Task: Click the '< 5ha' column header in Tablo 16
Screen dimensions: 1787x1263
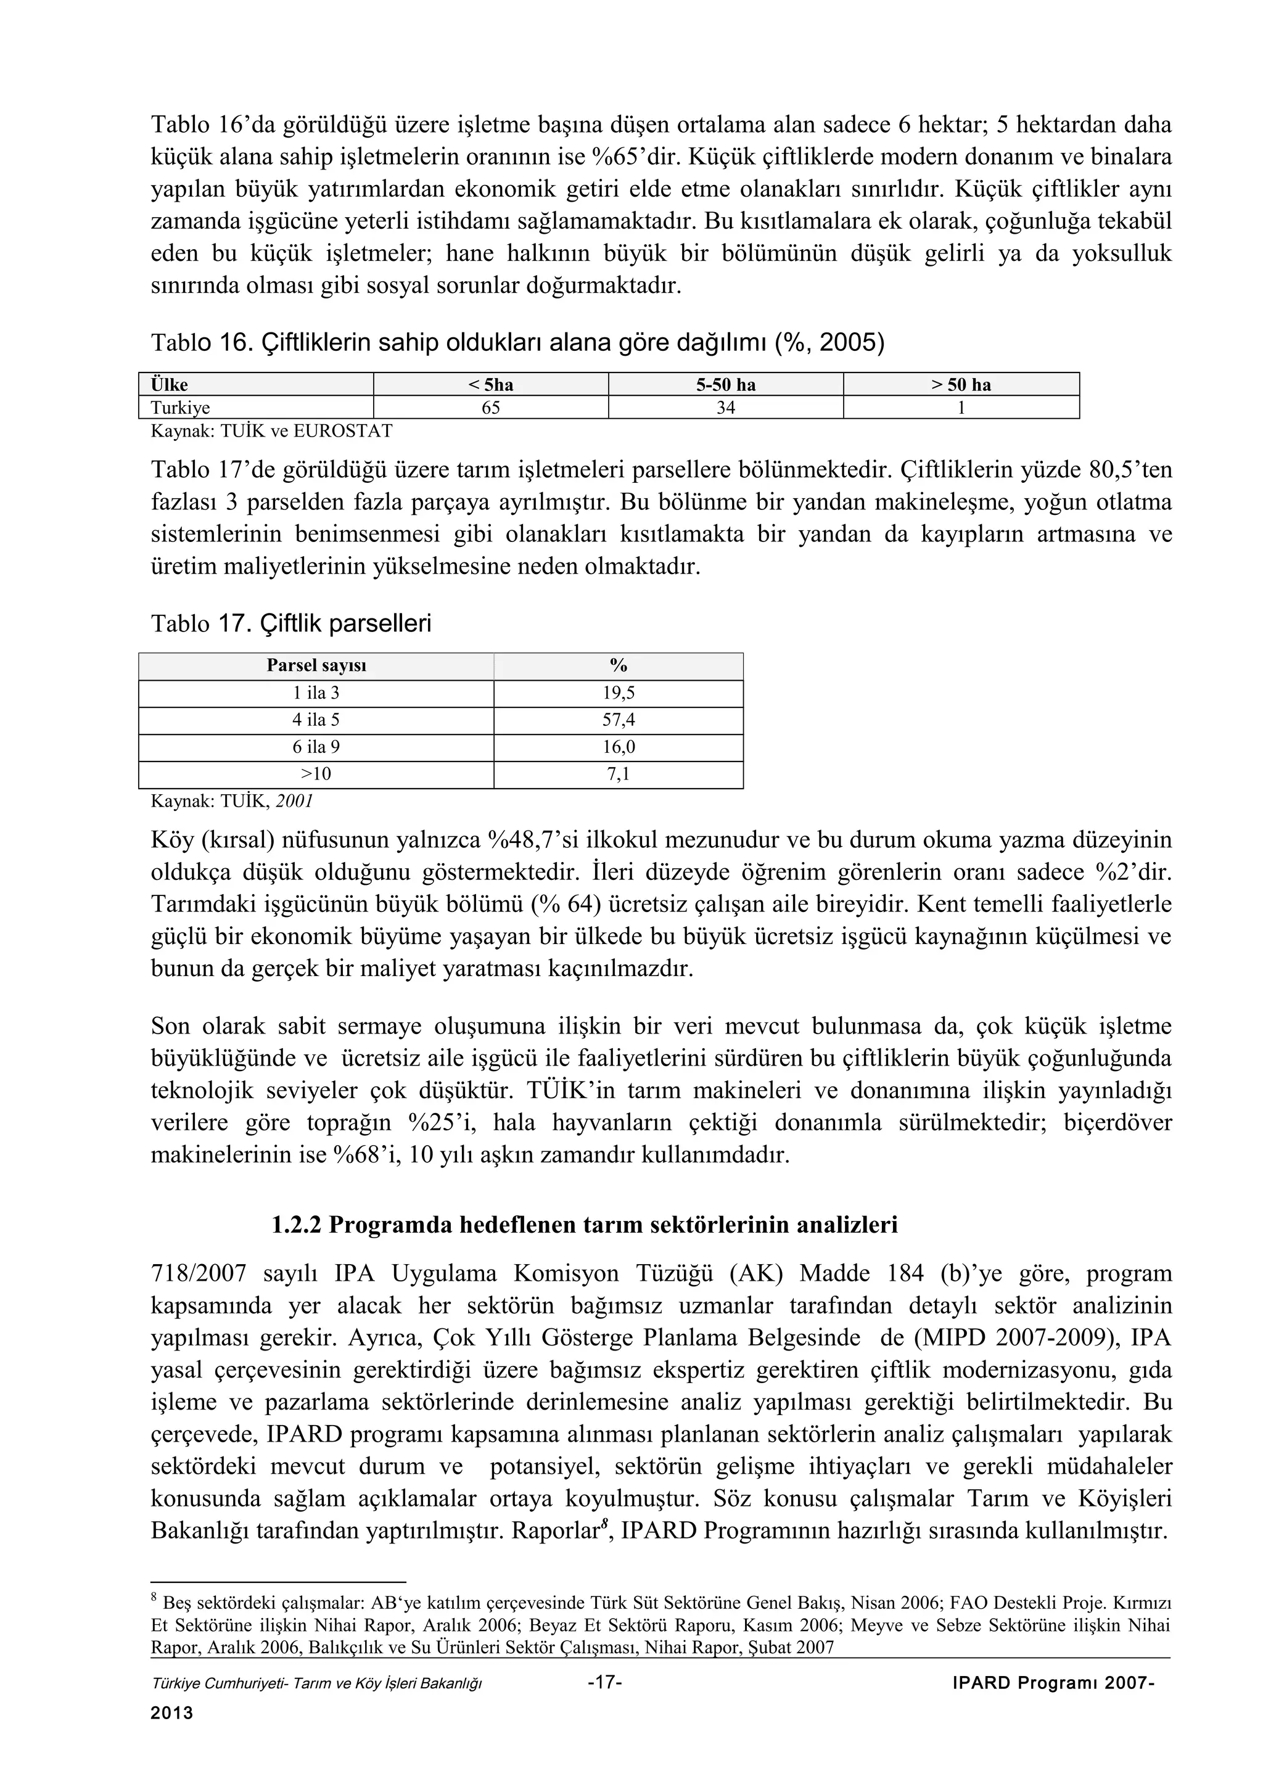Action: coord(490,385)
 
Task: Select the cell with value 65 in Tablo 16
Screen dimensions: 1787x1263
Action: coord(490,408)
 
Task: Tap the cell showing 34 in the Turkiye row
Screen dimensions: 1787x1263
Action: coord(725,408)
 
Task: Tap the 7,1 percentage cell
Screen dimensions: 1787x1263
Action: coord(619,774)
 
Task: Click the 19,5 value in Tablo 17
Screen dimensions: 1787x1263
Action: coord(619,692)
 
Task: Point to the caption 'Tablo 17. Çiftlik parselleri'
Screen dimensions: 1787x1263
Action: coord(290,623)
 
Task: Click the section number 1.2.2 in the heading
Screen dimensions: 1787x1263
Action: coord(296,1225)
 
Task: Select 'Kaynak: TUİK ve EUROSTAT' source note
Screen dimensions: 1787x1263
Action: coord(271,430)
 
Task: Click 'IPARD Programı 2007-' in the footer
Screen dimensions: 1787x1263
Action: coord(1053,1683)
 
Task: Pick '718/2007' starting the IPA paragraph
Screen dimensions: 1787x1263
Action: coord(199,1273)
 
